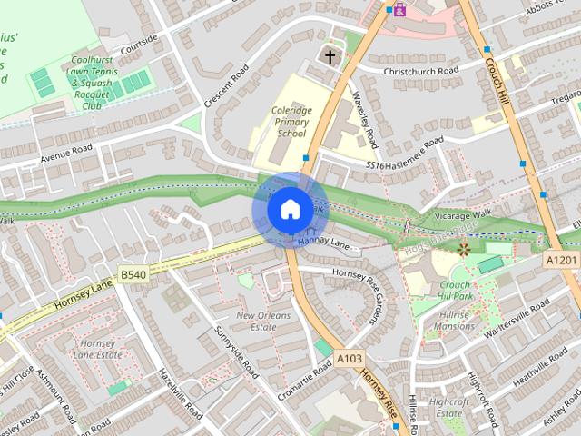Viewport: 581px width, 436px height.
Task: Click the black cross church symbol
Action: (330, 57)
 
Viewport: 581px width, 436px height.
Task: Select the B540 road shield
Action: (133, 272)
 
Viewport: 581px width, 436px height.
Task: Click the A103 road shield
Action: (350, 359)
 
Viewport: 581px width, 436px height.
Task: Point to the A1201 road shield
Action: (561, 260)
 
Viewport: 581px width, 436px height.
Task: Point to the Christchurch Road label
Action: (421, 70)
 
